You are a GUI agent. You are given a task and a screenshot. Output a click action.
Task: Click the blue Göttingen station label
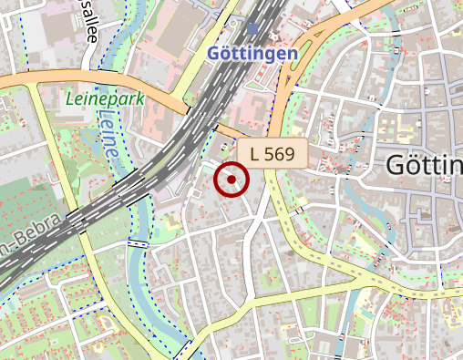click(252, 54)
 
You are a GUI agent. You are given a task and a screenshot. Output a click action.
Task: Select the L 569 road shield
click(273, 154)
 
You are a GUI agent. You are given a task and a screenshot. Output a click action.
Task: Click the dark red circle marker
click(231, 180)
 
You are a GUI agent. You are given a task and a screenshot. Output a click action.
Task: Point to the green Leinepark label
click(105, 98)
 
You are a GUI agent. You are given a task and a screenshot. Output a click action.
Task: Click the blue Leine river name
click(109, 137)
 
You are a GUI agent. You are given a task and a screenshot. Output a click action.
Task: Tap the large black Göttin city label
click(424, 166)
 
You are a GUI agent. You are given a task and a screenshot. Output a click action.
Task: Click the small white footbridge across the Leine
click(139, 243)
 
